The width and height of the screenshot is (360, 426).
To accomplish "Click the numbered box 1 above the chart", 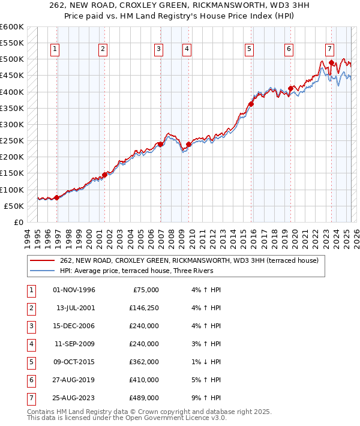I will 55,49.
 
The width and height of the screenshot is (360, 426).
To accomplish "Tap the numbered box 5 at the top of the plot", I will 249,49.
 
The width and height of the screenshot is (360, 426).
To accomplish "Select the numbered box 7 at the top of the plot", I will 329,49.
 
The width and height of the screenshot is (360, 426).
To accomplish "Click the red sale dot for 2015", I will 251,104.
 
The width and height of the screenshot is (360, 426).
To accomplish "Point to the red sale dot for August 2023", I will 331,62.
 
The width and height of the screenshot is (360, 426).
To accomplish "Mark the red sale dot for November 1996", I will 57,197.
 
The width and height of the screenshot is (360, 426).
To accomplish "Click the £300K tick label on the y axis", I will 11,124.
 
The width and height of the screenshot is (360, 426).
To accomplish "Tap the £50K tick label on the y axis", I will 14,206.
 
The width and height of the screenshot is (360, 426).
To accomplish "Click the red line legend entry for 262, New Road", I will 192,260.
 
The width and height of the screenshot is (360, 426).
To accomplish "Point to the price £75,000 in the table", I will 145,289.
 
